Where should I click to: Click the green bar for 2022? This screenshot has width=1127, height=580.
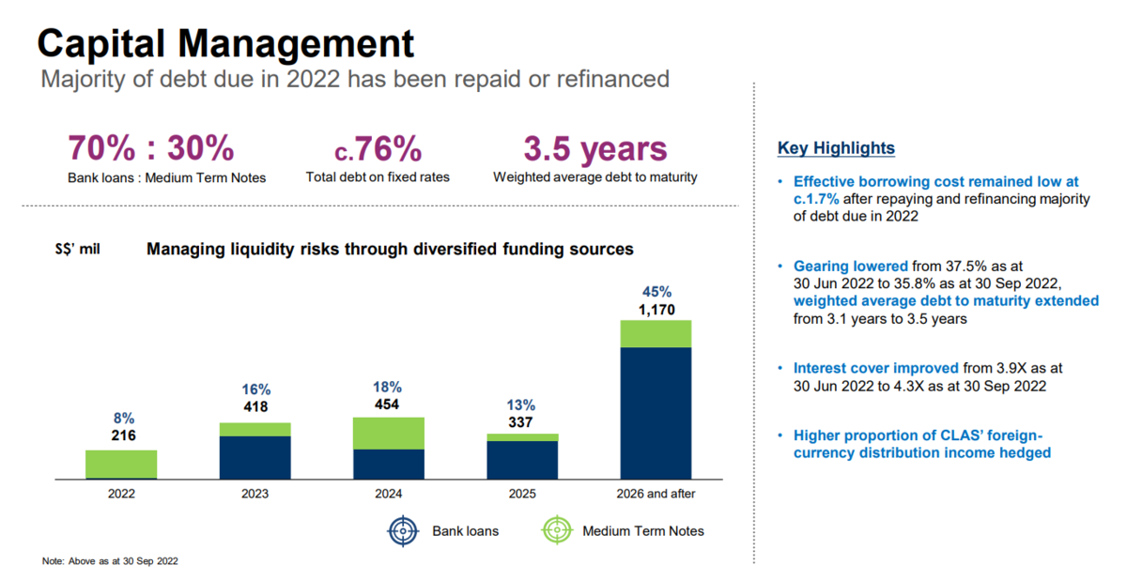pos(121,464)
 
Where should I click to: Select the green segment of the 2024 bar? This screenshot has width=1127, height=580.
pos(389,434)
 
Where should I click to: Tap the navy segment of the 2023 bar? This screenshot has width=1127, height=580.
pos(255,457)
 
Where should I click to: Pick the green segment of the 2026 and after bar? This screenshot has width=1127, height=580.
pos(656,334)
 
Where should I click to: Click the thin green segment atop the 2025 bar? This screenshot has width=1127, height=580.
pos(522,437)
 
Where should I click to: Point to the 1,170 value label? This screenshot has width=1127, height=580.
pos(656,310)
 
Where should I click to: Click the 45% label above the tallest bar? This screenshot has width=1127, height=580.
pos(656,292)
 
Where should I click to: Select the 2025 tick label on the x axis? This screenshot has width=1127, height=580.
pos(522,494)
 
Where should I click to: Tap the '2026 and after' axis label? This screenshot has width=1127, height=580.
pos(656,494)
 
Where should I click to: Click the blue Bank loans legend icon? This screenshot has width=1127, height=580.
pos(403,531)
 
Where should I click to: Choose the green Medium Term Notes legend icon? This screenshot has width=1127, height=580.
pos(557,530)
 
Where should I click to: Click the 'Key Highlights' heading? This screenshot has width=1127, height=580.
pos(836,148)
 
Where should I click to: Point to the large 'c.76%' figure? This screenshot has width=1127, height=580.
pos(378,149)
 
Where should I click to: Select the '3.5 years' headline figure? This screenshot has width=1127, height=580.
pos(595,149)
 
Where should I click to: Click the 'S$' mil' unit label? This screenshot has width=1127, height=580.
pos(77,249)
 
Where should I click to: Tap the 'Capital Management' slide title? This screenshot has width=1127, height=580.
pos(225,44)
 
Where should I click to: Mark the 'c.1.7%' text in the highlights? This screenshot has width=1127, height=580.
pos(816,199)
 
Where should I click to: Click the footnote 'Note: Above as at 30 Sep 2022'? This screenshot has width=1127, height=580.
pos(110,561)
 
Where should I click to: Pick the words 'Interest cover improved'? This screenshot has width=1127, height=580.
pos(876,369)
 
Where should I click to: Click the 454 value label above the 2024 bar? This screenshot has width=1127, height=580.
pos(387,404)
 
